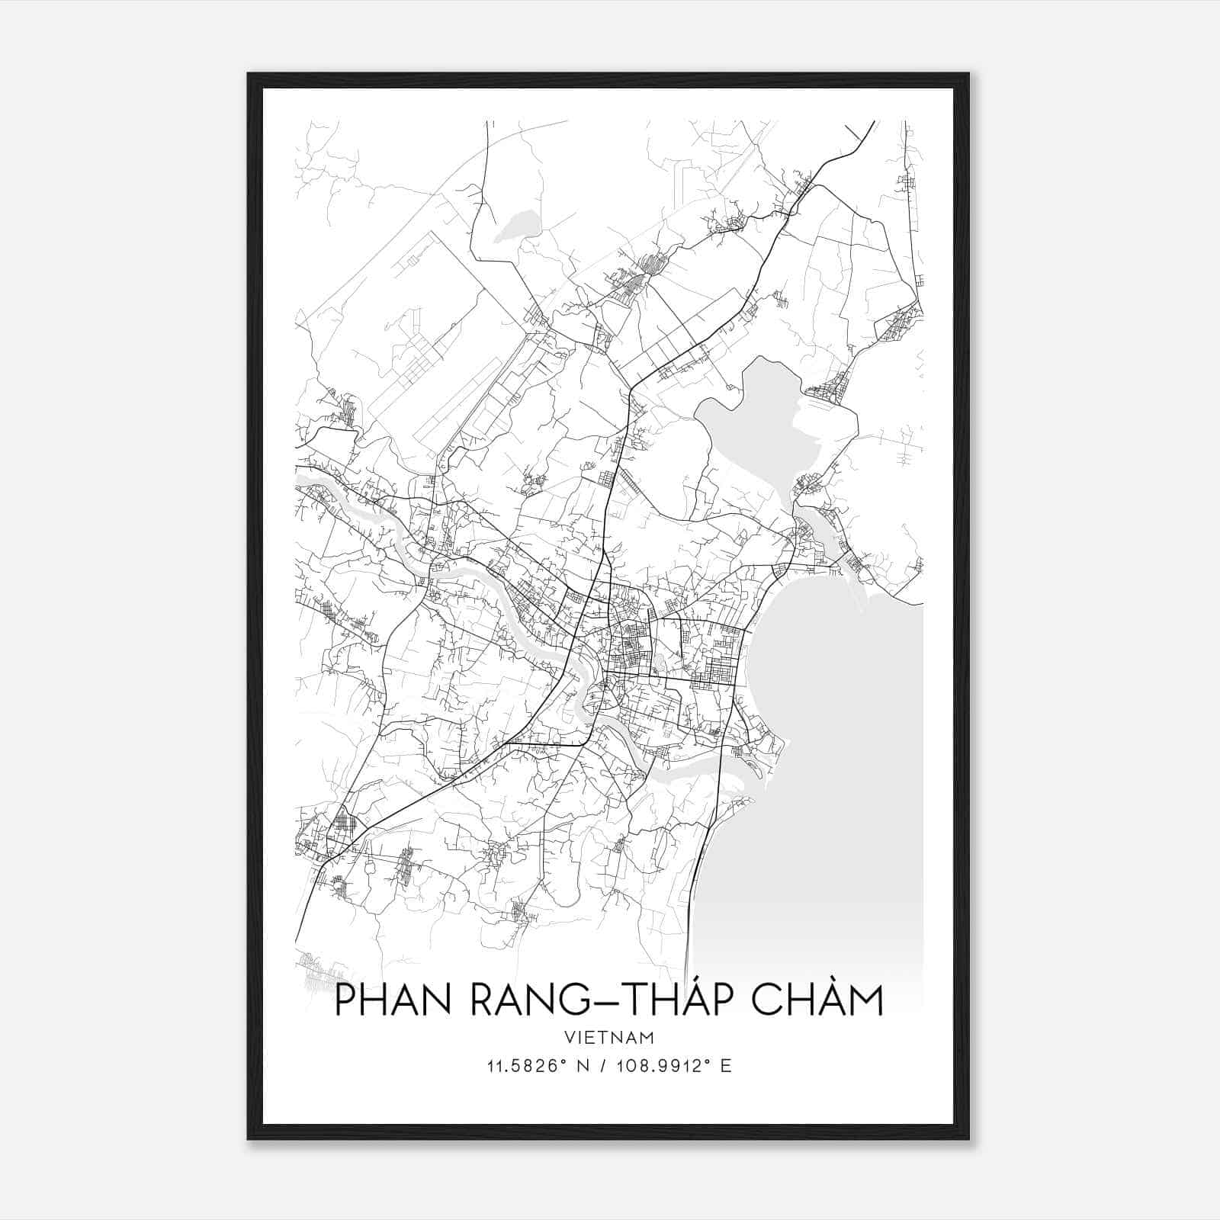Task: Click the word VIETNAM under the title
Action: pyautogui.click(x=609, y=1037)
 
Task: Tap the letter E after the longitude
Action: pyautogui.click(x=727, y=1066)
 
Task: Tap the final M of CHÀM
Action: pyautogui.click(x=865, y=1000)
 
